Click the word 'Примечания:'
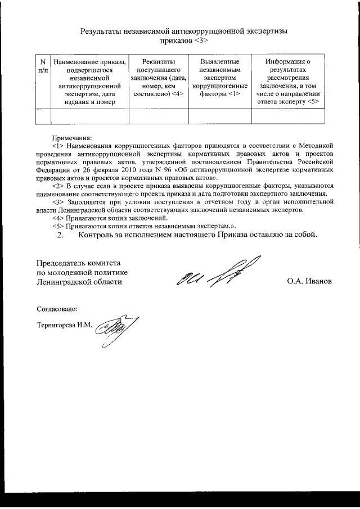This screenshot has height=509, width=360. click(71, 138)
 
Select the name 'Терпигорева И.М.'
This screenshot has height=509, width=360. click(64, 325)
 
